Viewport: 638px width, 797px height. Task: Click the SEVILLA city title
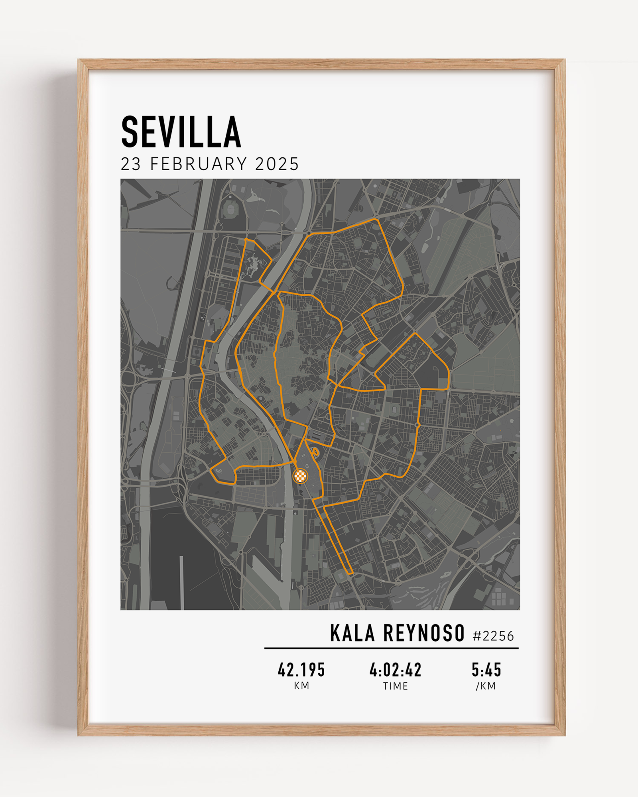tap(181, 132)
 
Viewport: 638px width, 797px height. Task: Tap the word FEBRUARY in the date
tap(198, 164)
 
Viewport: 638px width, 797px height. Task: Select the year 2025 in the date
tap(277, 164)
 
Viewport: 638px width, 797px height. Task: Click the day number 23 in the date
tap(131, 164)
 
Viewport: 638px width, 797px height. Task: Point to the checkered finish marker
tap(300, 476)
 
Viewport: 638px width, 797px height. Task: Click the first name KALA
tap(352, 633)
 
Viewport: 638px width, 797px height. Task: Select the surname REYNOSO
tap(424, 633)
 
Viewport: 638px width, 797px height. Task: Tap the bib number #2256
tap(493, 636)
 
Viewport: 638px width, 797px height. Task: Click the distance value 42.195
tap(301, 670)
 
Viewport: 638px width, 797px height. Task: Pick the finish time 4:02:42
tap(395, 670)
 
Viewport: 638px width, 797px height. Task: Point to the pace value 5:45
tap(486, 670)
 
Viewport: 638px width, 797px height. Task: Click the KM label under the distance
tap(301, 686)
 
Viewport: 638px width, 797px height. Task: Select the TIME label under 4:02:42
tap(395, 686)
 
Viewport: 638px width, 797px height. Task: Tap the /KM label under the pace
tap(486, 686)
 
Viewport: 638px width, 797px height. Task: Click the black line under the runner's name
tap(391, 648)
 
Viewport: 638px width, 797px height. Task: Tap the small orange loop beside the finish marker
tap(315, 452)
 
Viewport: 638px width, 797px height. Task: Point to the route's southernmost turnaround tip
tap(351, 573)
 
